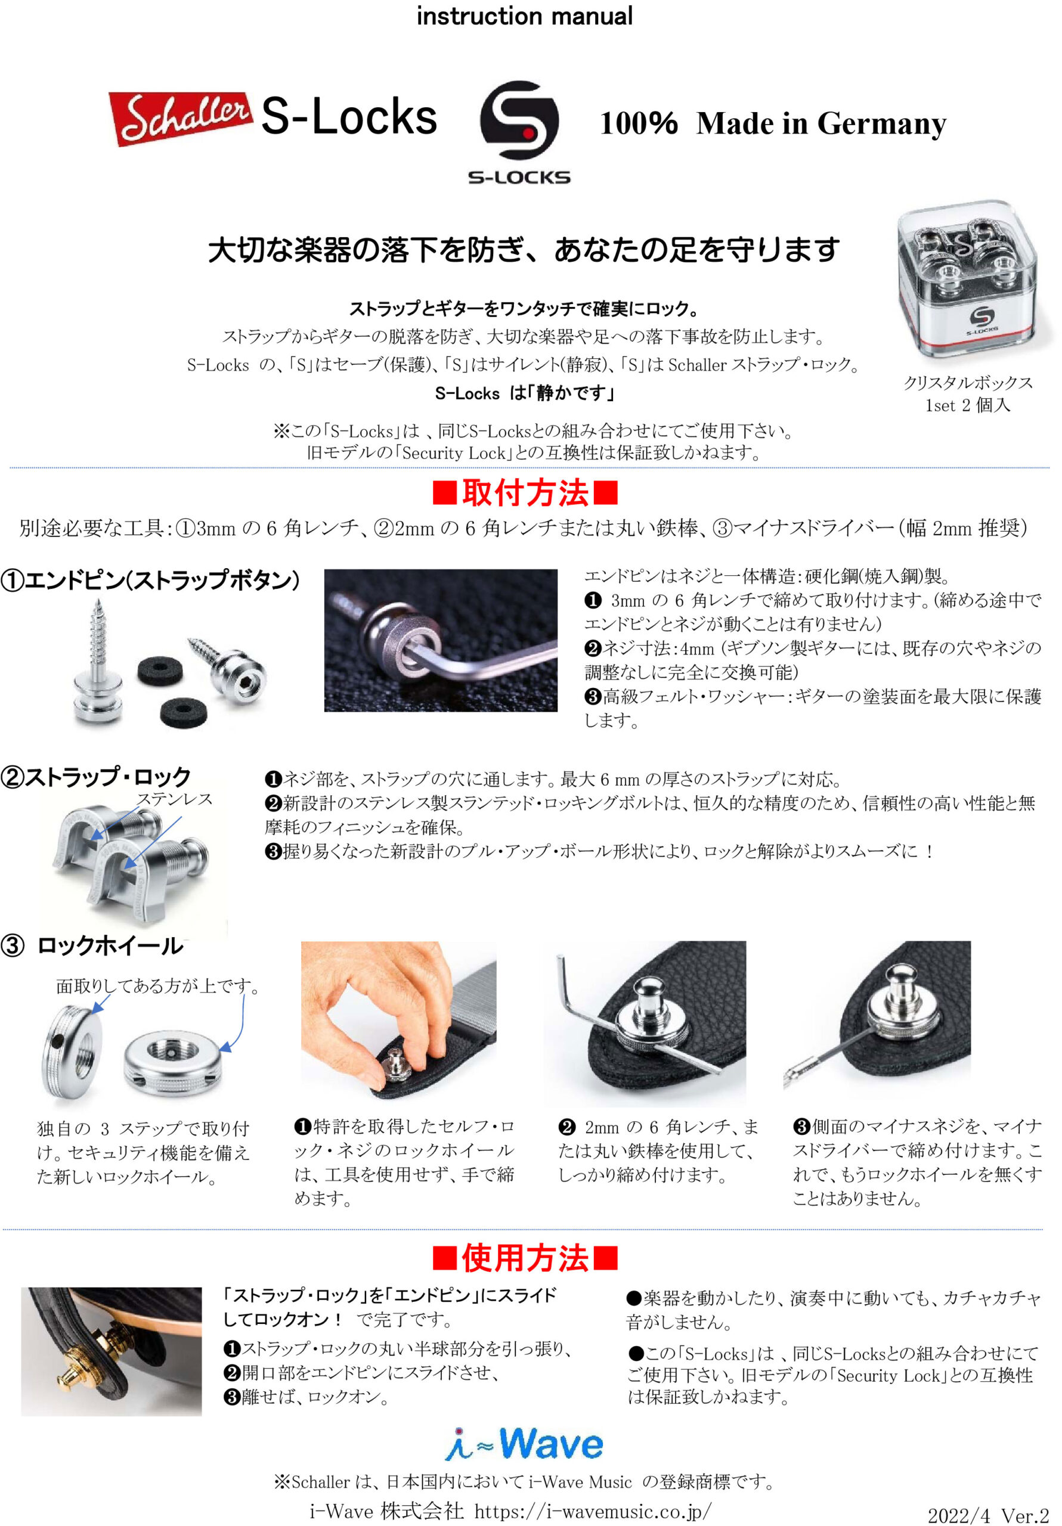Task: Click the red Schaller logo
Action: [180, 117]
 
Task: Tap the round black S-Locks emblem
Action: [519, 120]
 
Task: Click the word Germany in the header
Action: [881, 123]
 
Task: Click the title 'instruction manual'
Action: [524, 16]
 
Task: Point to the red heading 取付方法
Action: [525, 493]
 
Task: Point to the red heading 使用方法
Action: [525, 1258]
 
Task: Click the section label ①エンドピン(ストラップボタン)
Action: [150, 579]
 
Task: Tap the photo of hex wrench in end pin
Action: [440, 640]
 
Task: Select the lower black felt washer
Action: [184, 712]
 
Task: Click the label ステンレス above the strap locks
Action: [174, 799]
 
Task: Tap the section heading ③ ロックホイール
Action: [93, 945]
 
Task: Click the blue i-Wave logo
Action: [524, 1444]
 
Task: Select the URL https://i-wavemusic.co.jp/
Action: [593, 1511]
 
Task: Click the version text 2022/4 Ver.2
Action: [987, 1515]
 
